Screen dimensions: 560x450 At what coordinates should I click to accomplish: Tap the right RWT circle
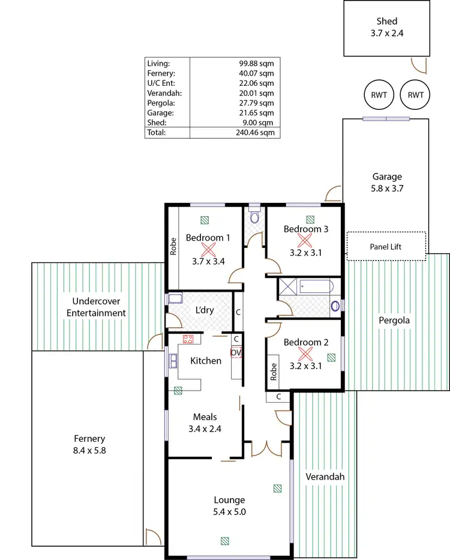click(x=415, y=95)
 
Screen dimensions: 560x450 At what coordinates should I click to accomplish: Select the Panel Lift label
click(x=386, y=247)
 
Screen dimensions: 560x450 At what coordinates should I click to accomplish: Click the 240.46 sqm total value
click(x=257, y=132)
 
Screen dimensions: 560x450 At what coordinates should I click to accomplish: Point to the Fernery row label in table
click(x=160, y=73)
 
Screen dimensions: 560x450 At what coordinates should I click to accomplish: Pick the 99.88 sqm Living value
click(x=257, y=62)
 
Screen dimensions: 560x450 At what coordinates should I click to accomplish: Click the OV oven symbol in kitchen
click(x=236, y=353)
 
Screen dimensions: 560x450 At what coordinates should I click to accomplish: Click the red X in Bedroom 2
click(x=305, y=354)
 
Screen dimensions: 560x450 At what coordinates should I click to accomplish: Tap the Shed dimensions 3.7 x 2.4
click(x=386, y=34)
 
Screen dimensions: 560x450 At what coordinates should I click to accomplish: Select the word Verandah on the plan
click(x=325, y=477)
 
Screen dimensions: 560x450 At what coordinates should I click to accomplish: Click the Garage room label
click(x=386, y=176)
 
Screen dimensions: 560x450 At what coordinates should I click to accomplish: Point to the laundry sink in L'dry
click(x=175, y=299)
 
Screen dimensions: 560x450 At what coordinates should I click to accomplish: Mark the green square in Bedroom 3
click(x=310, y=220)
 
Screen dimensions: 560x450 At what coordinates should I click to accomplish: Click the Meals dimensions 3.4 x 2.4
click(x=205, y=429)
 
